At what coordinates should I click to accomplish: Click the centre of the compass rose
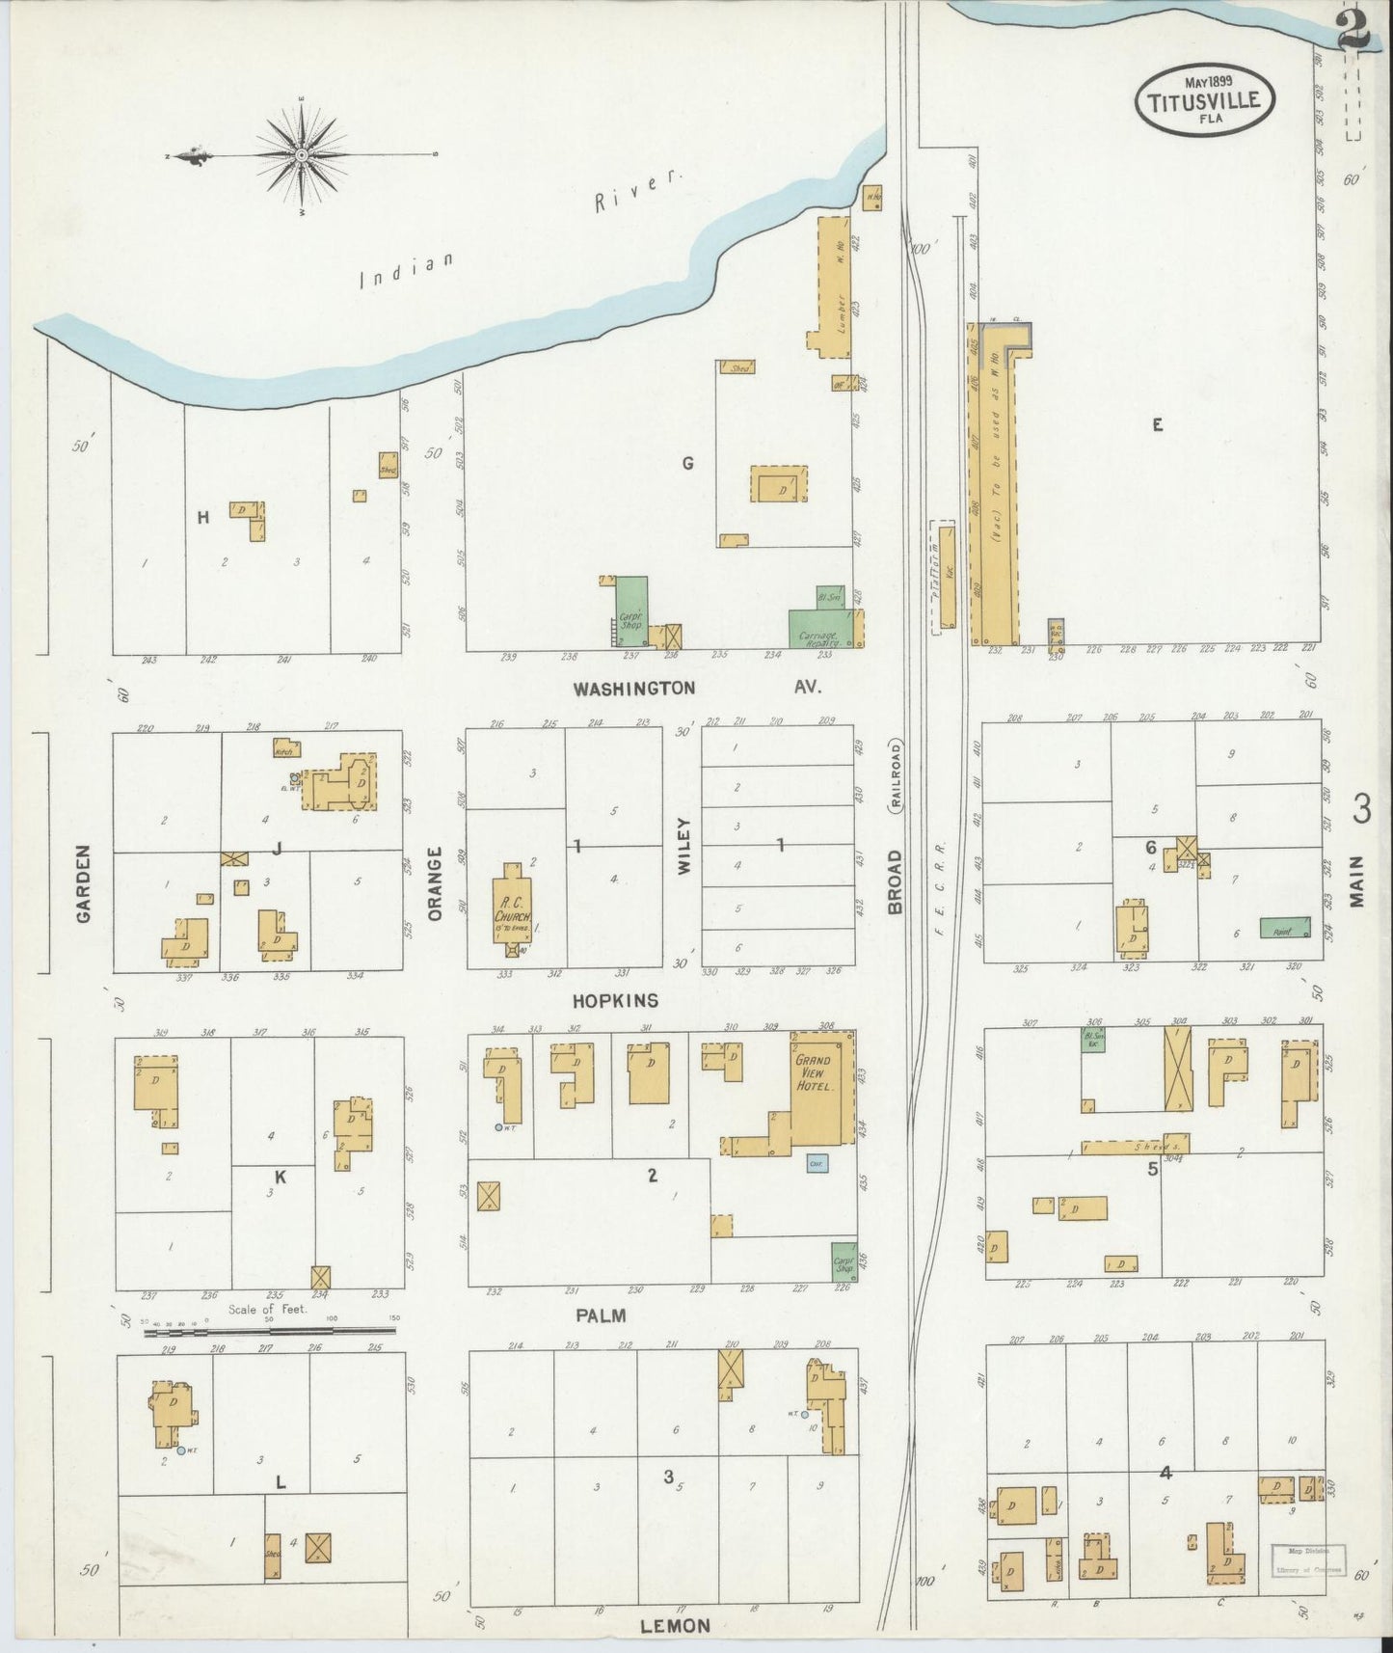click(302, 154)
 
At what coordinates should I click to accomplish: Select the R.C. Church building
click(513, 908)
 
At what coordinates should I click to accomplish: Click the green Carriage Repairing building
click(819, 628)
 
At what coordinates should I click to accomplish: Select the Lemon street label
click(675, 1625)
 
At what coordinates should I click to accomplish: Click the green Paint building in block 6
click(1285, 928)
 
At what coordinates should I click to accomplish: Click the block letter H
click(203, 518)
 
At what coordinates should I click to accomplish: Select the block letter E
click(1157, 423)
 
